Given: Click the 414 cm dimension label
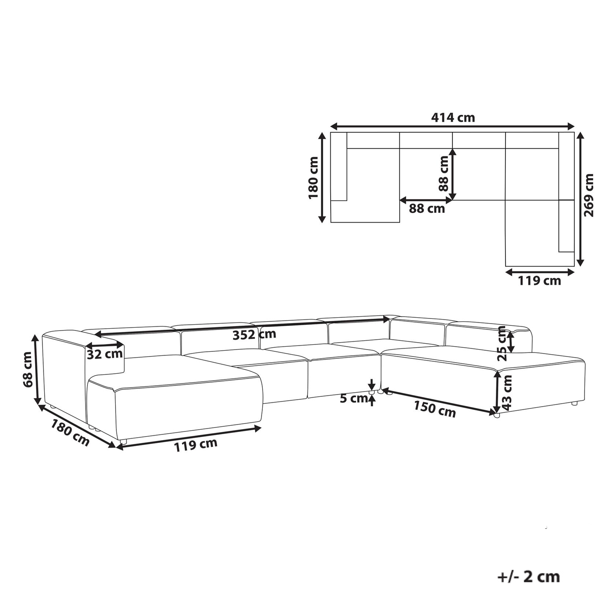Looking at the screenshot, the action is [x=453, y=117].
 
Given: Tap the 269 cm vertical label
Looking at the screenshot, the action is [x=588, y=195].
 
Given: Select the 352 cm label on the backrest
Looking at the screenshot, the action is [x=254, y=335].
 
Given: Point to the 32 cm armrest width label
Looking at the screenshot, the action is [x=104, y=355].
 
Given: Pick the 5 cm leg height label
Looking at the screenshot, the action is [x=353, y=398].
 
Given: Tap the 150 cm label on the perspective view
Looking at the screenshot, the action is [x=435, y=409].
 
